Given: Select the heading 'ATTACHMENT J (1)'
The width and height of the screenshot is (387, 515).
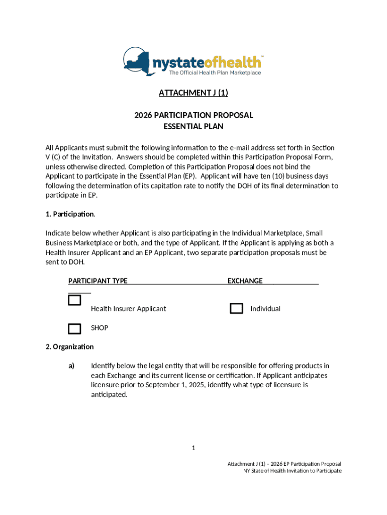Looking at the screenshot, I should pyautogui.click(x=193, y=93).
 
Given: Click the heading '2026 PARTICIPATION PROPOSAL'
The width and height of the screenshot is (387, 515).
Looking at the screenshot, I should pyautogui.click(x=193, y=115).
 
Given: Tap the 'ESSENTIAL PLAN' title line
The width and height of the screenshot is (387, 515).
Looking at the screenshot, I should pyautogui.click(x=193, y=127).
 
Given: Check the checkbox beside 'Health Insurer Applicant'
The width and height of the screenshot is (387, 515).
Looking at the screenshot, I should pyautogui.click(x=74, y=301).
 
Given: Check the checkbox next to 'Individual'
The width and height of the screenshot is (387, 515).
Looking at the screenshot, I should pyautogui.click(x=236, y=309).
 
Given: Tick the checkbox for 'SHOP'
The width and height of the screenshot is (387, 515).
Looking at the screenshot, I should pyautogui.click(x=74, y=329).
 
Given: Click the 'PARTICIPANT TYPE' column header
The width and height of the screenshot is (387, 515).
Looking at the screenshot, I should pyautogui.click(x=98, y=281).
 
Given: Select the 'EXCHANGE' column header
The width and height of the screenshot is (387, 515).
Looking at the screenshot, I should pyautogui.click(x=245, y=281).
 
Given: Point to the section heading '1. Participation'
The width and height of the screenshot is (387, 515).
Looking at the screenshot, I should pyautogui.click(x=70, y=214).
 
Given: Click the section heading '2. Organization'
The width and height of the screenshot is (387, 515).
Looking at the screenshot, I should pyautogui.click(x=69, y=347).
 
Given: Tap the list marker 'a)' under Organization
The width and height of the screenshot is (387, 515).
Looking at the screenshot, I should pyautogui.click(x=71, y=366).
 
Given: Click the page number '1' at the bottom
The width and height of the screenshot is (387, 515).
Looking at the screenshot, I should pyautogui.click(x=193, y=448).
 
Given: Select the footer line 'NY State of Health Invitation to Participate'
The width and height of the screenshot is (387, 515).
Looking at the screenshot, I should pyautogui.click(x=292, y=471).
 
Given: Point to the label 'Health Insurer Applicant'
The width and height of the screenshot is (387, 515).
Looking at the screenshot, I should pyautogui.click(x=128, y=309).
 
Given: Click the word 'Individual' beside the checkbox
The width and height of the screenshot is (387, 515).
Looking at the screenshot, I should pyautogui.click(x=265, y=309).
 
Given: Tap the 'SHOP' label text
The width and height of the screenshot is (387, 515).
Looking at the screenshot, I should pyautogui.click(x=100, y=328).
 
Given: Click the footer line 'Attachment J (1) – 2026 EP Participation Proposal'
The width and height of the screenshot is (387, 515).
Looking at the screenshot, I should pyautogui.click(x=284, y=463).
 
